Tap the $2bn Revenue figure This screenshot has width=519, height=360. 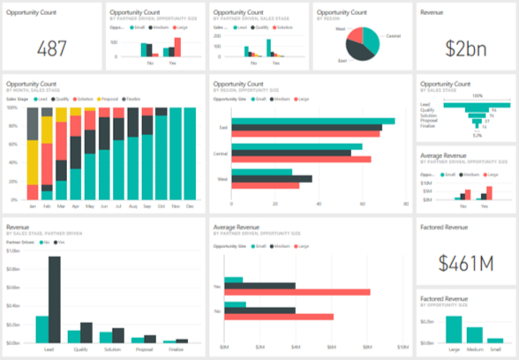click(467, 48)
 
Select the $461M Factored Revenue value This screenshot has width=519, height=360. click(467, 263)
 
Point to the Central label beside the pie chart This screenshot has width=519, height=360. click(394, 35)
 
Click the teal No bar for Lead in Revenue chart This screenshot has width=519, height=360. click(41, 328)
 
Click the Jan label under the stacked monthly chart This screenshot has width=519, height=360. click(34, 206)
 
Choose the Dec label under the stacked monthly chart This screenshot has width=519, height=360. click(191, 206)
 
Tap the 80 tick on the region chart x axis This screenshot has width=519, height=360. click(404, 205)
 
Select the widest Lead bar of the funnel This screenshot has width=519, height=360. click(478, 101)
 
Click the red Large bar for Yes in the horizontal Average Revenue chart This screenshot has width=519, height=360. click(297, 291)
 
